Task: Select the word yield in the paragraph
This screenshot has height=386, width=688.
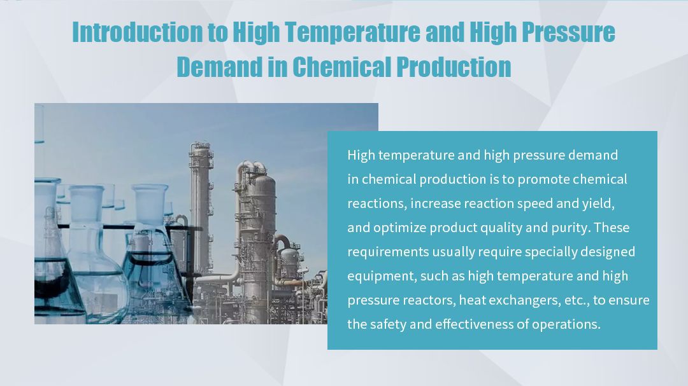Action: coord(598,203)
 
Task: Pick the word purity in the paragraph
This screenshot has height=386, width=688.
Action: coord(570,228)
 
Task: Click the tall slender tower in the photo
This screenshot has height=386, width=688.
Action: coord(200,203)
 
